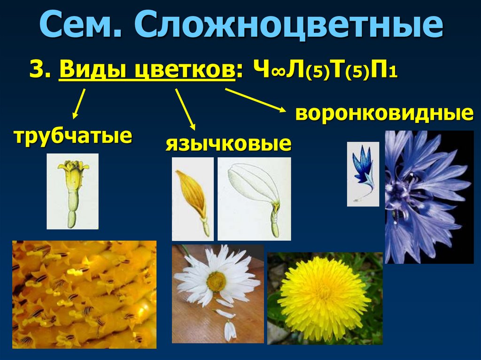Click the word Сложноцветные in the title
289,27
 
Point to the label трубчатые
72,136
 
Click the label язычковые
228,144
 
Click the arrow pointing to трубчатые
79,103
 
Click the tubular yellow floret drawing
73,191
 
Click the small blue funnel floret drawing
363,174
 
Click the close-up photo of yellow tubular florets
84,294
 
